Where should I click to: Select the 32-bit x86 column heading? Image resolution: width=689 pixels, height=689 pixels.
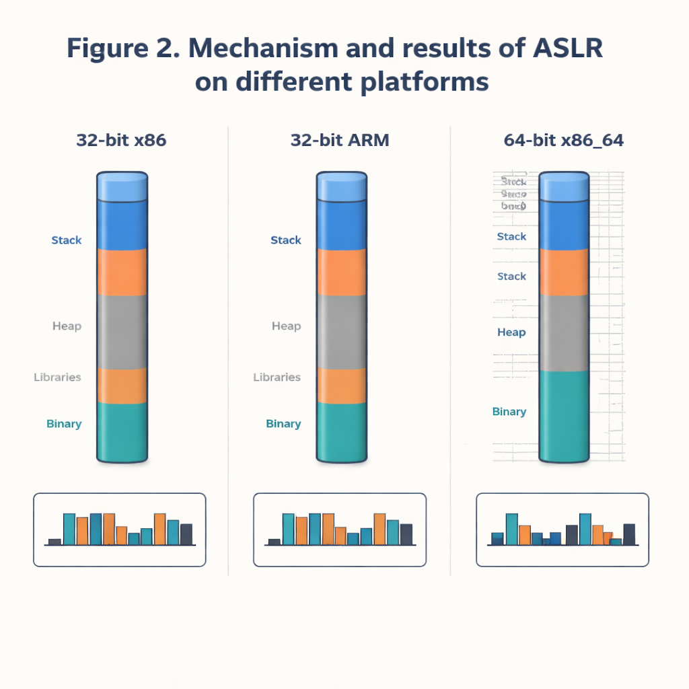[x=121, y=141]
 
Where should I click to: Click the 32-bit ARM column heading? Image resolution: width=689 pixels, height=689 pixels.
[x=340, y=141]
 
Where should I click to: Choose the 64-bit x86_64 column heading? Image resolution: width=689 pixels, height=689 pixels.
[x=563, y=141]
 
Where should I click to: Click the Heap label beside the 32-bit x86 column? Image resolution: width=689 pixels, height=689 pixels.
[x=67, y=326]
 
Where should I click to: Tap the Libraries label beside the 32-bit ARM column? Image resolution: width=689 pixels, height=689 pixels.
[x=277, y=377]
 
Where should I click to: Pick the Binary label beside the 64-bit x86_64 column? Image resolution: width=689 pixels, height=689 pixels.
[x=509, y=412]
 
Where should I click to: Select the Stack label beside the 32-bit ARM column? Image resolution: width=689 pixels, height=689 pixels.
[x=285, y=240]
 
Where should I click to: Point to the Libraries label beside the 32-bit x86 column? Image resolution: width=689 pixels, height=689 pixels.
[x=57, y=377]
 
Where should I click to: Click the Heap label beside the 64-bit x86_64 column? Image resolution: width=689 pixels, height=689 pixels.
[x=511, y=332]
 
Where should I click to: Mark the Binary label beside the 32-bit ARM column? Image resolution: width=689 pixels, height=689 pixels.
[x=283, y=424]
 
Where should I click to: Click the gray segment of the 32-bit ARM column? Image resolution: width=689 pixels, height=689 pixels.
[x=341, y=332]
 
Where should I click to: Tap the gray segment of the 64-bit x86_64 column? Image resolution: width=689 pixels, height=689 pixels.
[x=564, y=333]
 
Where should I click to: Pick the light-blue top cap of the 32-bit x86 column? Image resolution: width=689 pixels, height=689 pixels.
[x=122, y=186]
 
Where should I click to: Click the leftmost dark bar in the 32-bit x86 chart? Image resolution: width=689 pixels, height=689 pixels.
[x=55, y=541]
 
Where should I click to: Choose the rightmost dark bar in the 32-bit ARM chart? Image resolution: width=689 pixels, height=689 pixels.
[x=406, y=534]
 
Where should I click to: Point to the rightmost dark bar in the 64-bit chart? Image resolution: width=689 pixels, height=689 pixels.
[x=629, y=534]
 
